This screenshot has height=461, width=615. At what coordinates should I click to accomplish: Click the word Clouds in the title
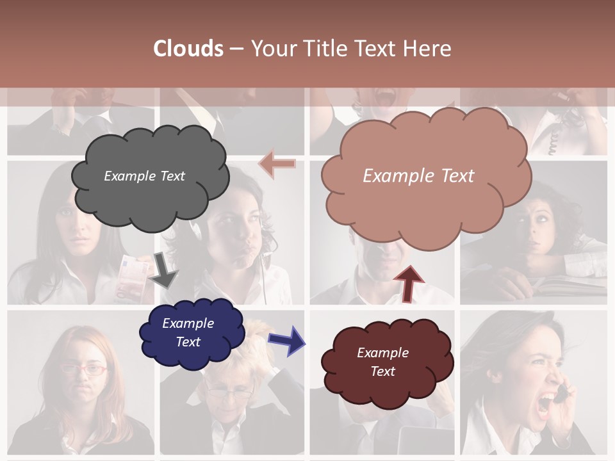pos(188,49)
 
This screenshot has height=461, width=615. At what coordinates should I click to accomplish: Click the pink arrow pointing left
pos(277,164)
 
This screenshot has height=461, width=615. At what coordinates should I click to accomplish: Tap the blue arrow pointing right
pos(286,340)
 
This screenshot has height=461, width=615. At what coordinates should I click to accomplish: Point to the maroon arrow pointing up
pos(408,284)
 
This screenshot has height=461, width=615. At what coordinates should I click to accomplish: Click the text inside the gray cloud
pos(144,176)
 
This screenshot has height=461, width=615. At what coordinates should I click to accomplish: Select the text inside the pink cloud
pos(418,176)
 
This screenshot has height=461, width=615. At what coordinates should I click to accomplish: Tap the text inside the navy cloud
pos(188,333)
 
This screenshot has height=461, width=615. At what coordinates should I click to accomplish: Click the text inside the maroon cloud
pos(382,362)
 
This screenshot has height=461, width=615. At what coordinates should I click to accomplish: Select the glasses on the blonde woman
pos(229,394)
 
